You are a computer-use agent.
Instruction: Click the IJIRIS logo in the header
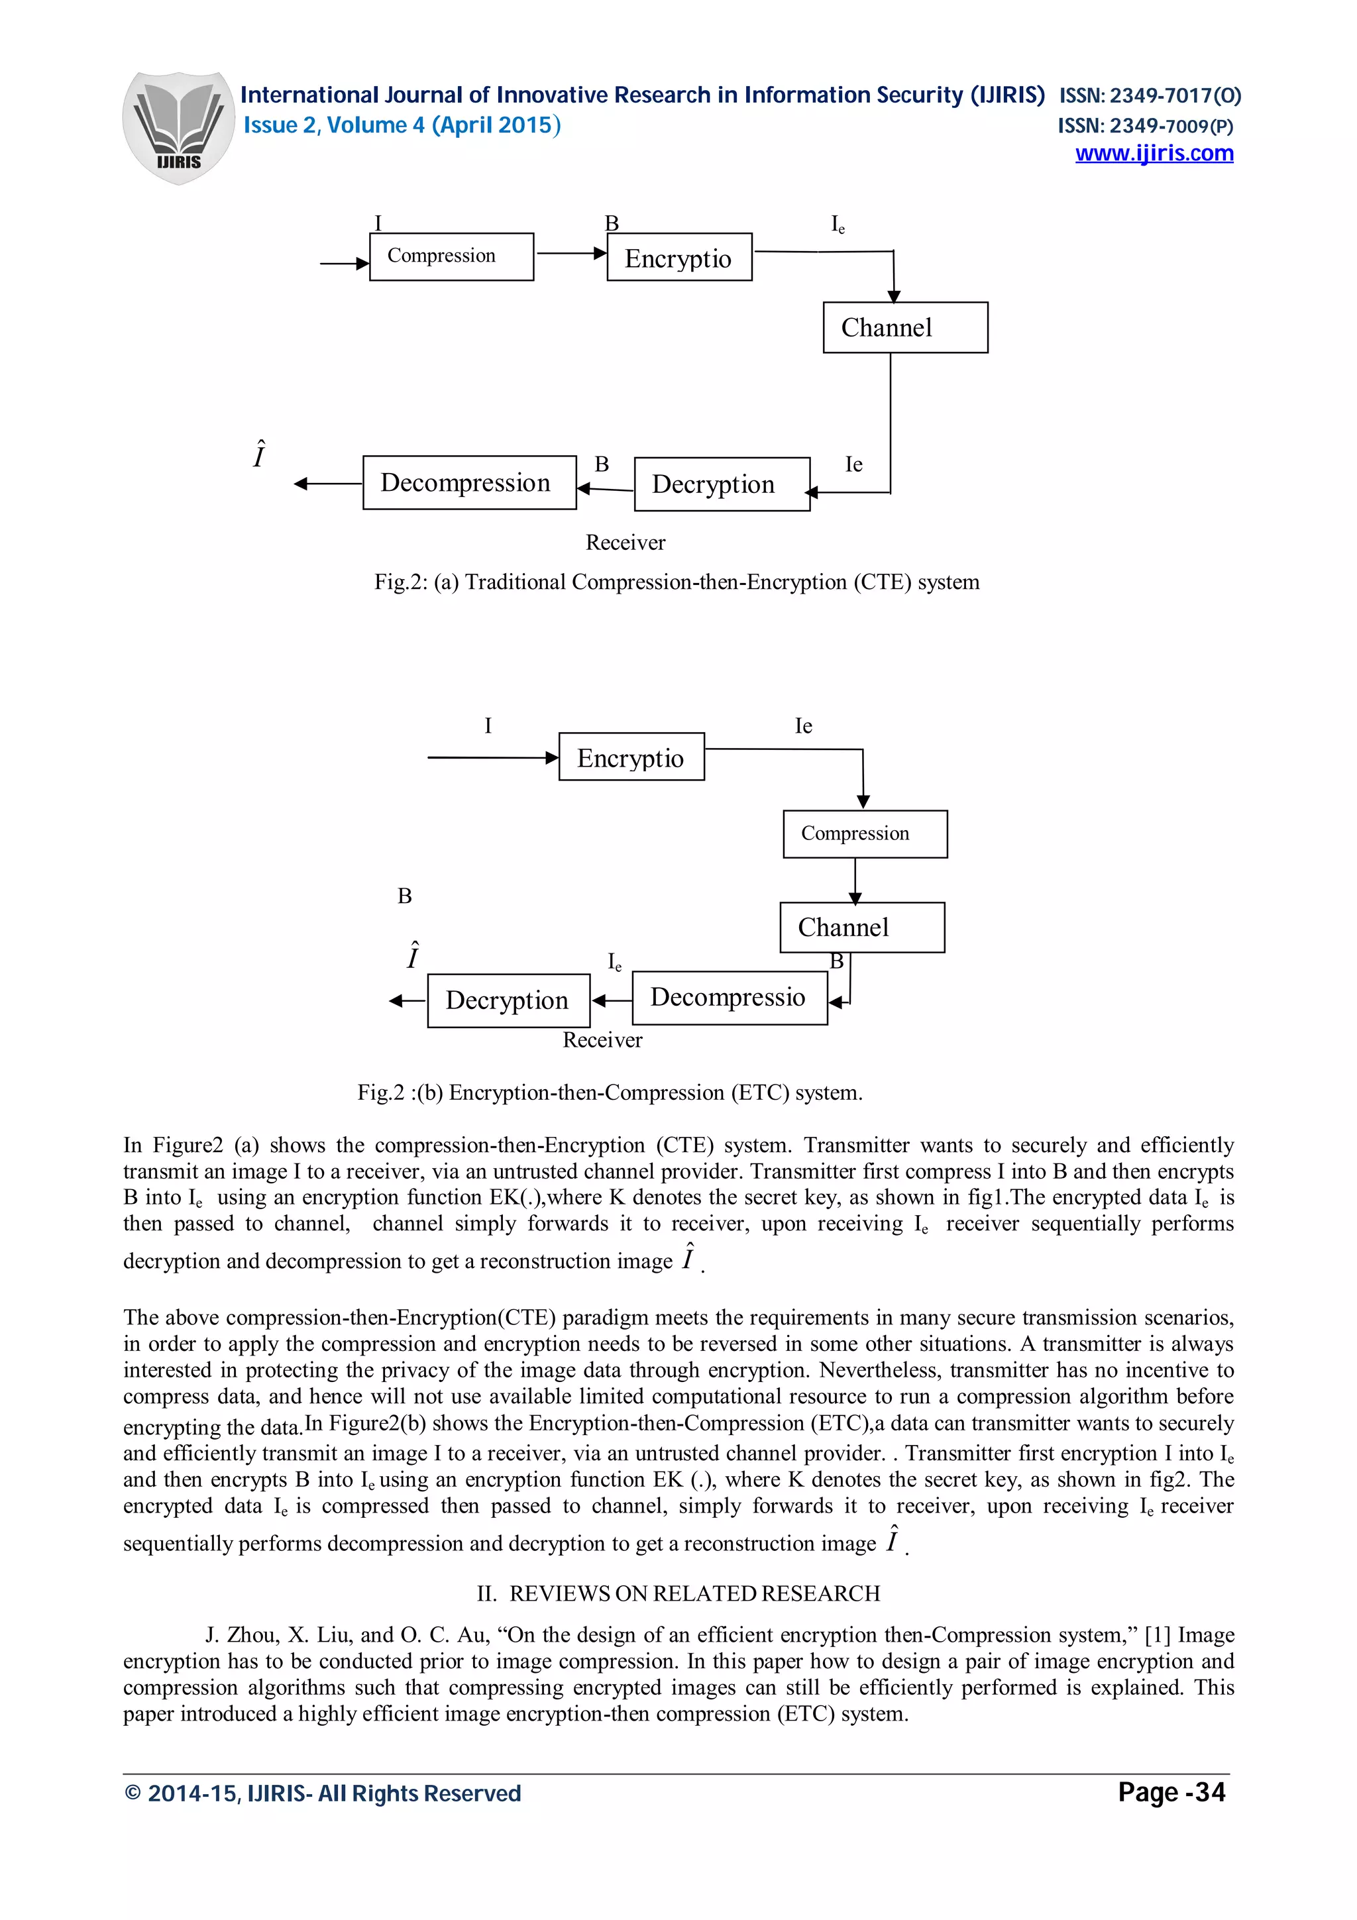coord(178,127)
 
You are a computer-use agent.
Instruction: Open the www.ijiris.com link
coord(1153,154)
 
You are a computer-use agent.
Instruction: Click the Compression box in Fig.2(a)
coord(451,256)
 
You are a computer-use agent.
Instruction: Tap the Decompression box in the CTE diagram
coord(469,482)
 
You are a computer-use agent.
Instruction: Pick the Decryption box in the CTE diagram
coord(722,484)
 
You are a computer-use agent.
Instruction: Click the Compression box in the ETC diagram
coord(865,833)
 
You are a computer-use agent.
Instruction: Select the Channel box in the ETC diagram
coord(861,928)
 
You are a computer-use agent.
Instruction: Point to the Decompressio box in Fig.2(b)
coord(729,998)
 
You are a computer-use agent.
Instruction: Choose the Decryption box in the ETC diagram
coord(508,1000)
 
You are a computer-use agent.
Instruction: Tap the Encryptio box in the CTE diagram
coord(679,258)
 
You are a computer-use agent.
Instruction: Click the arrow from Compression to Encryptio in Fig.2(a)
coord(570,252)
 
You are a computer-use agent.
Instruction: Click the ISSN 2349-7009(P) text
coord(1144,127)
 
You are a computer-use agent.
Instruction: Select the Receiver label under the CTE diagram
coord(625,543)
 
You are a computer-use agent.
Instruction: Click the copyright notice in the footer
coord(322,1793)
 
